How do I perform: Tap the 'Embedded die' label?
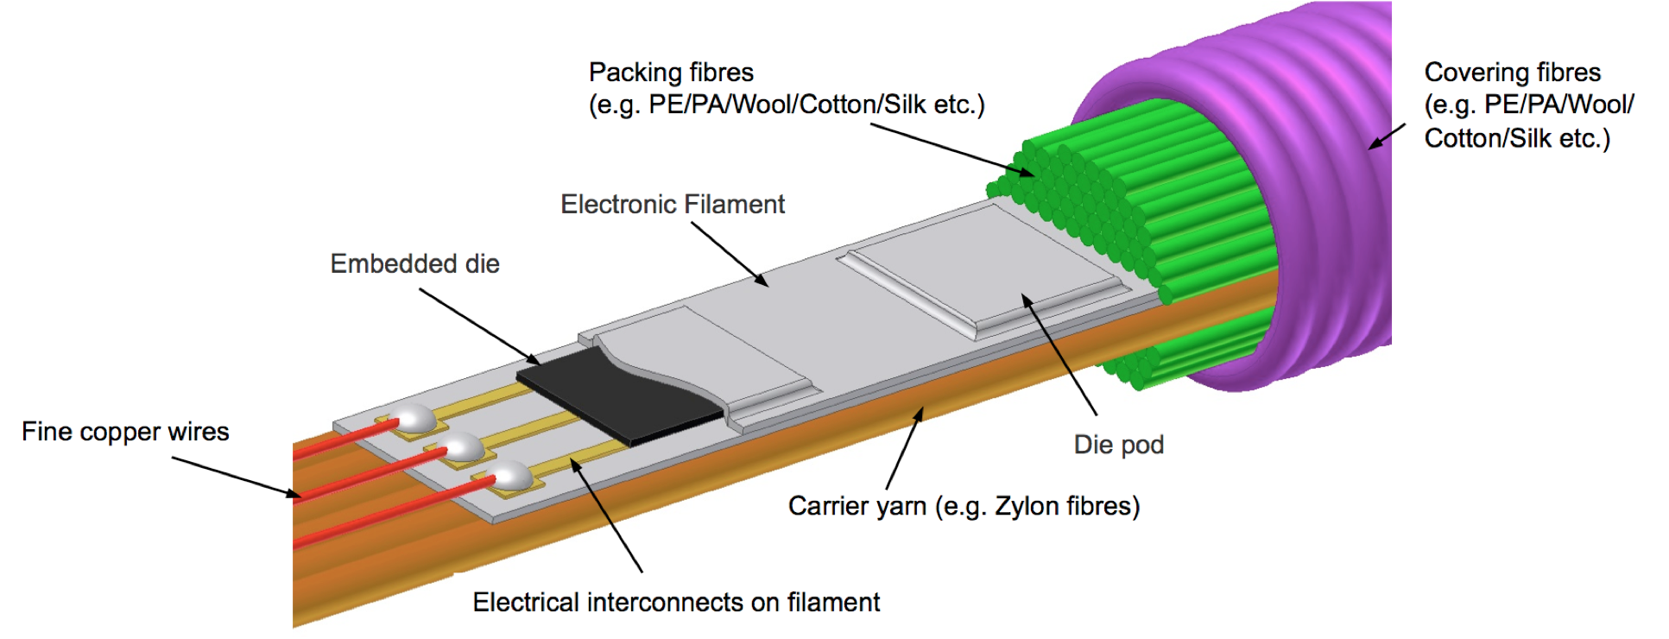pos(414,264)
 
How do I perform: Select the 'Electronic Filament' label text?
pos(673,205)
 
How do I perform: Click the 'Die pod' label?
pos(1118,445)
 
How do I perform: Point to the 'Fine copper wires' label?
pos(125,432)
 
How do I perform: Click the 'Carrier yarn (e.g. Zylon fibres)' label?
pos(964,506)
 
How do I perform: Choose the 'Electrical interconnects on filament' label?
pos(676,603)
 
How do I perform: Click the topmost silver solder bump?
pos(415,418)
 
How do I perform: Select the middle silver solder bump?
pos(464,446)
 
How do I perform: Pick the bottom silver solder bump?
pos(511,475)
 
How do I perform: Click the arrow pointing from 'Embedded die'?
pos(479,326)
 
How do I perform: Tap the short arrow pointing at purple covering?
pos(1387,136)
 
